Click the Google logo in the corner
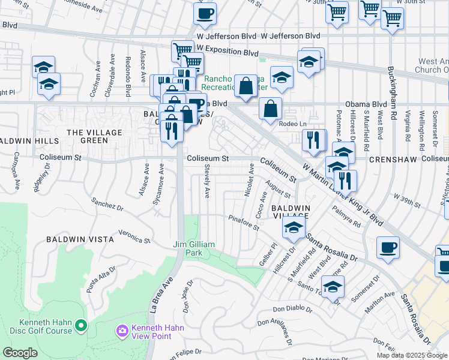point(20,353)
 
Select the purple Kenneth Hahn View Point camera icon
point(122,331)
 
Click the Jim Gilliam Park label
point(195,248)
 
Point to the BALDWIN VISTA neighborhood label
point(80,239)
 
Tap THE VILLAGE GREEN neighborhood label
point(94,136)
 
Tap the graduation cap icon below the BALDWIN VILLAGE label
point(294,227)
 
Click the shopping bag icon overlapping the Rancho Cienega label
point(246,86)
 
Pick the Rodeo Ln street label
point(292,124)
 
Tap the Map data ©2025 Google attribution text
point(412,355)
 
